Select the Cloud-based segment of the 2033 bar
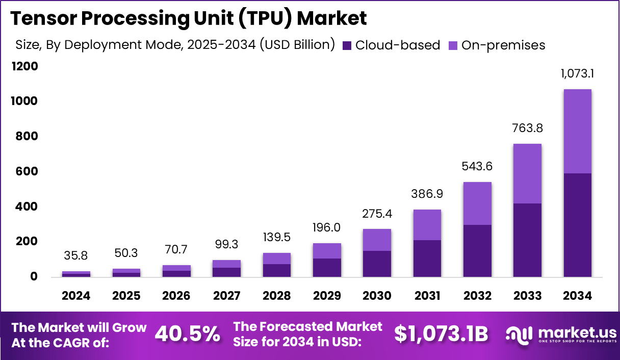528,240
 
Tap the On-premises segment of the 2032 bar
477,203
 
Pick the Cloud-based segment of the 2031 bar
427,258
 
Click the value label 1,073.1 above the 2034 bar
578,73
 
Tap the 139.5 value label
277,237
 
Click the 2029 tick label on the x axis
327,296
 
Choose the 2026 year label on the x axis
176,296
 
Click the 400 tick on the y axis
26,207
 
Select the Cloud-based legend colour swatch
347,45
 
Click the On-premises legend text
503,45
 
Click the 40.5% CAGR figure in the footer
187,334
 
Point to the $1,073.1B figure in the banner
441,334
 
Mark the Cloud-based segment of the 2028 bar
277,270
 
